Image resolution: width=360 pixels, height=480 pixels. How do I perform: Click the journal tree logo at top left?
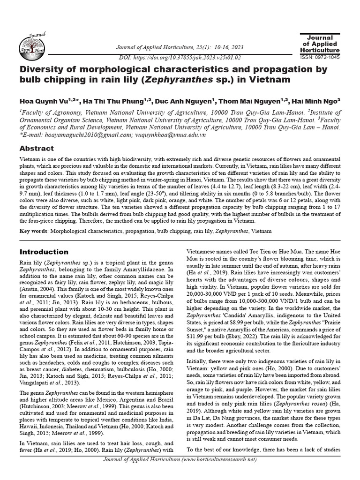(30, 45)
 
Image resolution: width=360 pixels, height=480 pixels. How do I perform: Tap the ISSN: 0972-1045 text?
(320, 58)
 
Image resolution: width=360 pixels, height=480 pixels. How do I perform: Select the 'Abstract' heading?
(36, 149)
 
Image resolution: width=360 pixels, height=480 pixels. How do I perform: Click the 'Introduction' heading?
(44, 252)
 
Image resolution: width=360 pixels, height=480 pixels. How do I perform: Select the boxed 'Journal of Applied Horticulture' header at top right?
(320, 44)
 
